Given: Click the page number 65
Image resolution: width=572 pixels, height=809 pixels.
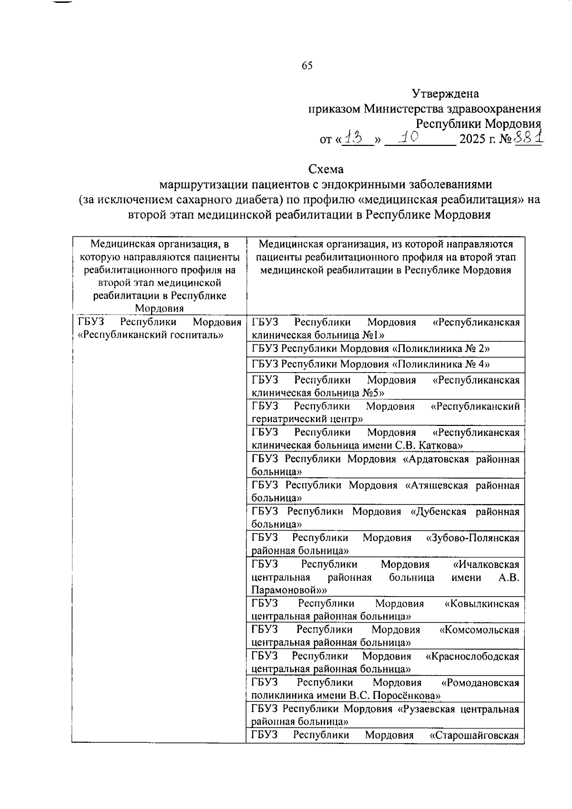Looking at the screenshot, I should point(307,66).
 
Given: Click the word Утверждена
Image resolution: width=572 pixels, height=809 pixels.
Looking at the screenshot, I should point(445,94).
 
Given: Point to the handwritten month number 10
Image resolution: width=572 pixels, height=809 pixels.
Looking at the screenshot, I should point(409,138).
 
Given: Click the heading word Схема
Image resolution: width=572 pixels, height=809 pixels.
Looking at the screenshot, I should point(326,169).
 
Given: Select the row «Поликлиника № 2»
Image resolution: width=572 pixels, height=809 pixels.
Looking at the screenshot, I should point(371,348).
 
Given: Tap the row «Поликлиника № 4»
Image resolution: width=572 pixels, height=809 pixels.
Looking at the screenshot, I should point(371,364).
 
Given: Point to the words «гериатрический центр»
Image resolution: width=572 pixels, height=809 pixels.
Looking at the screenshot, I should point(307,419).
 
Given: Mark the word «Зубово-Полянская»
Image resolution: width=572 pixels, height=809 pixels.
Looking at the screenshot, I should point(472,538).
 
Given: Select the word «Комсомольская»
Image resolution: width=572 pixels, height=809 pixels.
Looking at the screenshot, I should point(479,630).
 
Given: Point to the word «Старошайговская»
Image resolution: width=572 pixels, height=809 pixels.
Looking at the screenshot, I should point(474,735).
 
